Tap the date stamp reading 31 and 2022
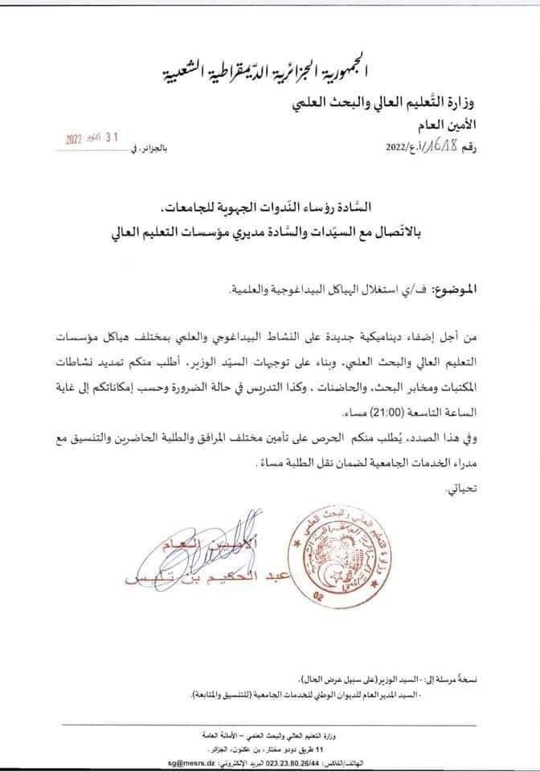point(93,138)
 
